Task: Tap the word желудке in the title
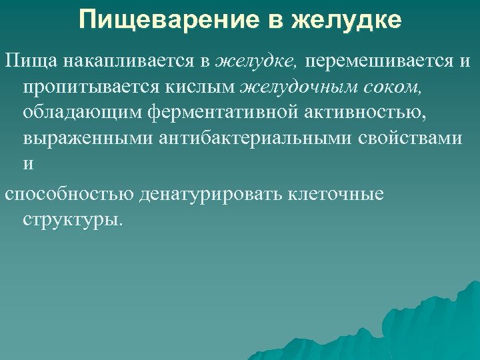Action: click(347, 20)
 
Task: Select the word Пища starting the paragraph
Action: click(33, 62)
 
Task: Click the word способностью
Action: click(69, 193)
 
